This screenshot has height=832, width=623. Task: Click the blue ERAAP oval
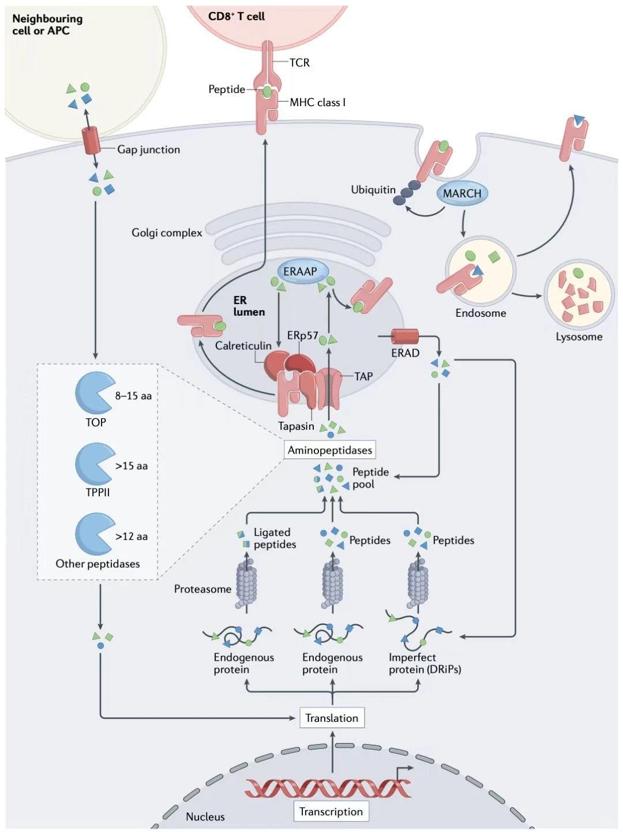tap(300, 271)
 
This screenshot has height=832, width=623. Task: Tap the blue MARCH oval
tap(462, 193)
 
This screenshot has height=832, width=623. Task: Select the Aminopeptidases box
tap(330, 450)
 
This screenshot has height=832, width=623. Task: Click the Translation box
tap(332, 718)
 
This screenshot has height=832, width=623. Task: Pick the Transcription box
tap(331, 811)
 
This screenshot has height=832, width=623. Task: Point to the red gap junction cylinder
tap(91, 140)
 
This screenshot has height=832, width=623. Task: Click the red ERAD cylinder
tap(405, 336)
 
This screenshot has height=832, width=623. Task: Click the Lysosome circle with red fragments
tap(579, 295)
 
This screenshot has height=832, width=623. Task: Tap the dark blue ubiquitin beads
tap(407, 193)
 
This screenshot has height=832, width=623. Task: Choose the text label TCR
tap(299, 62)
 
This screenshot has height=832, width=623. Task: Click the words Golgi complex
tap(167, 233)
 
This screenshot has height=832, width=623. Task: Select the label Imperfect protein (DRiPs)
tap(425, 664)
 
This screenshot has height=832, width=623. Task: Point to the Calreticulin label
tap(243, 346)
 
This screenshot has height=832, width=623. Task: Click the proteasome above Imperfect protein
tap(418, 584)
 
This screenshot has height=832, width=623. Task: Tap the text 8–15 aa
tap(133, 396)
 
